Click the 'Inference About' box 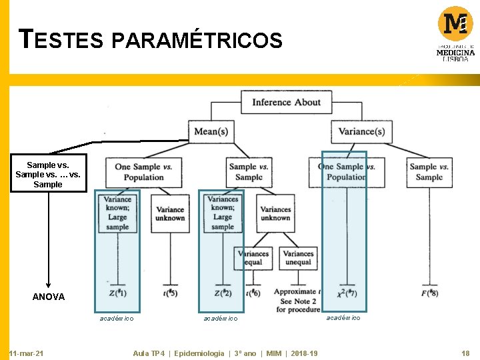[x=286, y=102]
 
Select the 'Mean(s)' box [x=211, y=131]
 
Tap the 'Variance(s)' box [x=361, y=131]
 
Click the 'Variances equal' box [x=253, y=257]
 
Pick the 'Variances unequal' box [x=298, y=257]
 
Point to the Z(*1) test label [x=117, y=293]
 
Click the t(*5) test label [x=170, y=293]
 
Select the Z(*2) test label [x=223, y=293]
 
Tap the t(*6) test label [x=253, y=293]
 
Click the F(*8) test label [x=429, y=293]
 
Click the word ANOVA [x=49, y=297]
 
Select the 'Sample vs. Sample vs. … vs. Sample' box [x=47, y=174]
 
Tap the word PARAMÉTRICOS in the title [x=197, y=41]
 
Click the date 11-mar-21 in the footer [x=27, y=353]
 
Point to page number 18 [x=465, y=353]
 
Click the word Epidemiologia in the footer [x=199, y=353]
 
